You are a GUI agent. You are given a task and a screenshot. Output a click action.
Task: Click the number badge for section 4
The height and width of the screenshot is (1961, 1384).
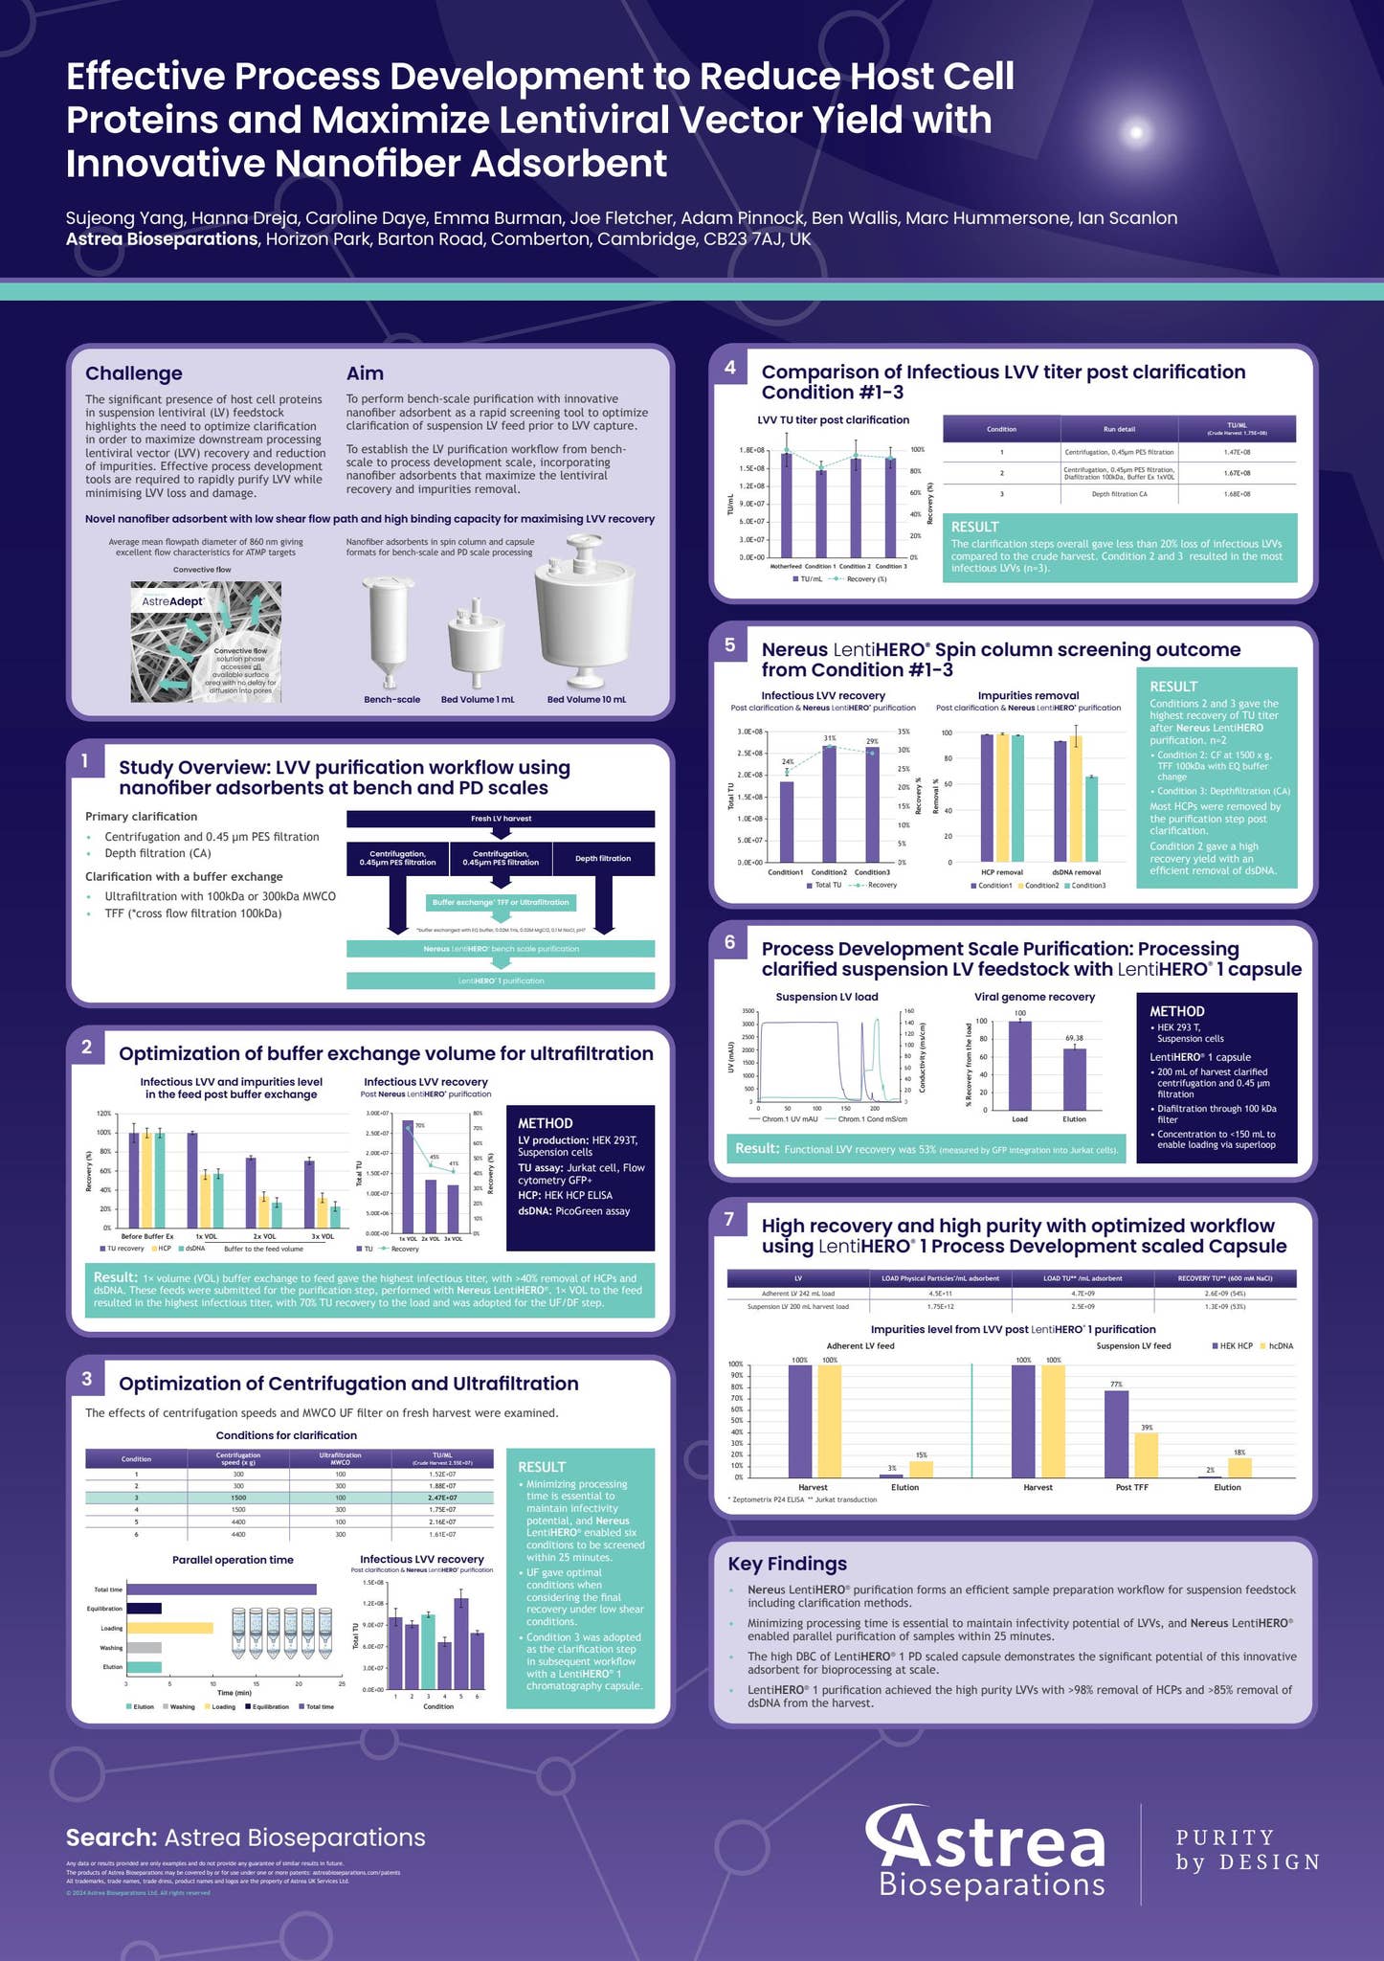click(x=730, y=368)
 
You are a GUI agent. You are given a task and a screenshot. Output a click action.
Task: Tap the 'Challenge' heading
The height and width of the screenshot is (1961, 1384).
click(x=133, y=373)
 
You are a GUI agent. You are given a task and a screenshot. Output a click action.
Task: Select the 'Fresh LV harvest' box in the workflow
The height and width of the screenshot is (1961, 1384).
click(x=501, y=819)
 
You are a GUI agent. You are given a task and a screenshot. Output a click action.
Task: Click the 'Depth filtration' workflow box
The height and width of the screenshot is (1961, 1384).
click(x=603, y=859)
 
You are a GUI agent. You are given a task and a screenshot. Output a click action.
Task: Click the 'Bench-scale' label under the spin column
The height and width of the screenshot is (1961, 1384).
click(x=391, y=699)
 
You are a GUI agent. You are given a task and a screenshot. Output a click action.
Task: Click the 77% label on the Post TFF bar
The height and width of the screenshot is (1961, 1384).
click(x=1116, y=1385)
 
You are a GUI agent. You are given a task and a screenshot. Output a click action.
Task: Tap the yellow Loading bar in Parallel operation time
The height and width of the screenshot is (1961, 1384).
click(x=169, y=1628)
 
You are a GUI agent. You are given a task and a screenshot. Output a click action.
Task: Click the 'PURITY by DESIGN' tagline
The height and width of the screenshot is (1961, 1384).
click(x=1247, y=1849)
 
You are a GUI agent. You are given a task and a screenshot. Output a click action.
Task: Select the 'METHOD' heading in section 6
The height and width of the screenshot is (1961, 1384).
click(x=1176, y=1011)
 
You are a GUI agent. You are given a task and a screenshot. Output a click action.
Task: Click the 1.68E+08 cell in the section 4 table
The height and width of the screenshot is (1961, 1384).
click(x=1237, y=494)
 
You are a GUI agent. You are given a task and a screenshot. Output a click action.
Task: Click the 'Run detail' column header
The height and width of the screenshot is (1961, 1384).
click(x=1119, y=429)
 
